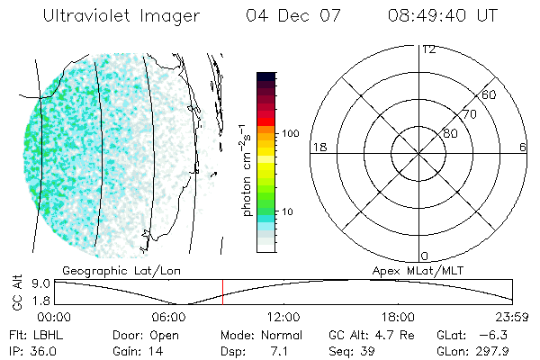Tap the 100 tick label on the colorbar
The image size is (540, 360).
click(x=290, y=133)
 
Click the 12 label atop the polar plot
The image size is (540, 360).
click(x=429, y=49)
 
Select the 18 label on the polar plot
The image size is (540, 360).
click(x=318, y=147)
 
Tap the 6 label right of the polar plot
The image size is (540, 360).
click(x=523, y=147)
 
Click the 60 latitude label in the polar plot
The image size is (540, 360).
click(x=490, y=94)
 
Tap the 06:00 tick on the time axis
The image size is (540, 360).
click(x=169, y=316)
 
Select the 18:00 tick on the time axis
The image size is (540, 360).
click(x=399, y=316)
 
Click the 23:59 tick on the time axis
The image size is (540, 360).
click(x=512, y=316)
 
